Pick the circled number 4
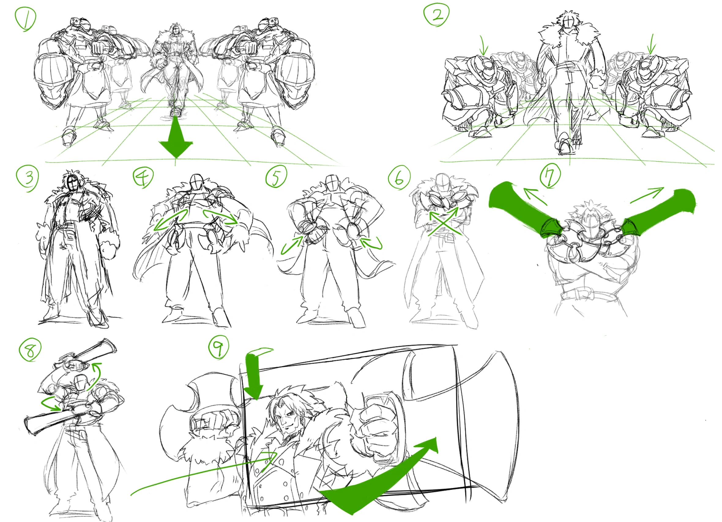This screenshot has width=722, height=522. click(143, 177)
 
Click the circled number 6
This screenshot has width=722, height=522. click(399, 177)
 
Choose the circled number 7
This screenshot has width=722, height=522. click(550, 177)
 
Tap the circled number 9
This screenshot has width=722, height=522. click(218, 347)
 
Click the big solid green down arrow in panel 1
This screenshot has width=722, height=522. click(176, 137)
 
